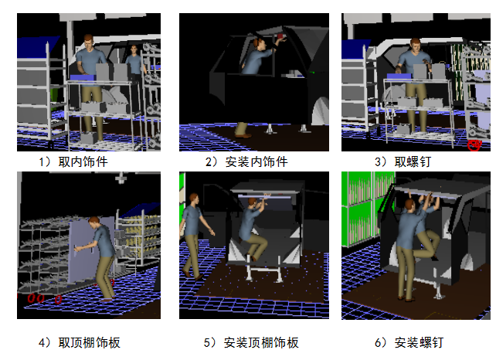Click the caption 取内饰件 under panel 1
tap(83, 161)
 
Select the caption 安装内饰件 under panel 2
tap(256, 161)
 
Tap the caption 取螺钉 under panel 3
tap(413, 161)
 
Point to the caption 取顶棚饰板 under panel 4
tap(89, 342)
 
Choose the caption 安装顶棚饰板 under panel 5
tap(261, 342)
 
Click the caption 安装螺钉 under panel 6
tap(419, 342)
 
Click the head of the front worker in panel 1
tap(88, 40)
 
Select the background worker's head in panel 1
tap(134, 49)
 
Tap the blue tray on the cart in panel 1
tap(82, 77)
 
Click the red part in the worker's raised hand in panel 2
tap(280, 36)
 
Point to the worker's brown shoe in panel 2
tap(243, 136)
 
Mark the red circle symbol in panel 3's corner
tap(474, 145)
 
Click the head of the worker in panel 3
tap(415, 46)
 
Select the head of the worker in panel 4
tap(94, 222)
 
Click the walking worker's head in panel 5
tap(194, 199)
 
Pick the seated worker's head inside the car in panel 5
tap(252, 202)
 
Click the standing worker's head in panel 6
tap(409, 205)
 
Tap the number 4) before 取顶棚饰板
tap(45, 342)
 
